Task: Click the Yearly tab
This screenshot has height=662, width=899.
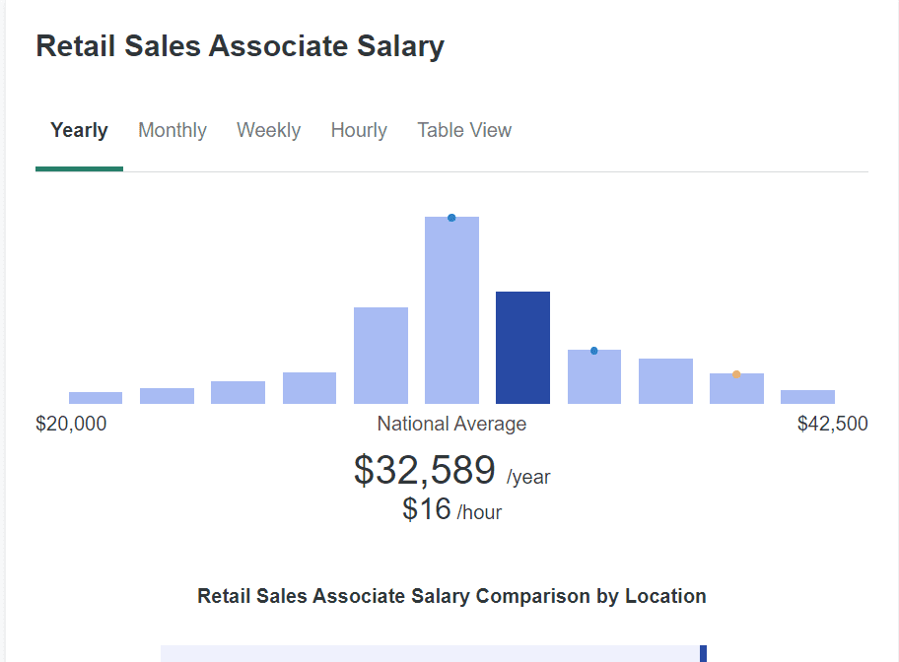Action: point(79,130)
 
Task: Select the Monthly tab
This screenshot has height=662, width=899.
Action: point(173,130)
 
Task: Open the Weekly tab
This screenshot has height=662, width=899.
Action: point(268,130)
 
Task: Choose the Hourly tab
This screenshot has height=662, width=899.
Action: point(359,130)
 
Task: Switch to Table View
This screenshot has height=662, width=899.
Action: point(464,130)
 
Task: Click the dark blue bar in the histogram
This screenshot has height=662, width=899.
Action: point(522,348)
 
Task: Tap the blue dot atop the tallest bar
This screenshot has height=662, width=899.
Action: point(451,218)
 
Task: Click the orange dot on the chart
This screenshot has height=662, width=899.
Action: point(736,374)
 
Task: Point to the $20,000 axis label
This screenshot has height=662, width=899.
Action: point(71,424)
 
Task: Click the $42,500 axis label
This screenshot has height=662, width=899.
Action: point(833,424)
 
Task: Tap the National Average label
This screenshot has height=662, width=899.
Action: point(451,424)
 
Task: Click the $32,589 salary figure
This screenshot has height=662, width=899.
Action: point(425,470)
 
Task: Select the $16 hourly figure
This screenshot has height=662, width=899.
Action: point(427,508)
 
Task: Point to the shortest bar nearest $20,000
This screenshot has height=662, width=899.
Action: point(96,398)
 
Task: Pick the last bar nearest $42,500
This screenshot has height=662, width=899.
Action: point(807,397)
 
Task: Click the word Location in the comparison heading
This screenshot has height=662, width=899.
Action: point(665,596)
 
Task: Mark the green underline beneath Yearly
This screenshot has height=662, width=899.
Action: point(79,168)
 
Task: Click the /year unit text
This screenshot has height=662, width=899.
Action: point(528,478)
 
